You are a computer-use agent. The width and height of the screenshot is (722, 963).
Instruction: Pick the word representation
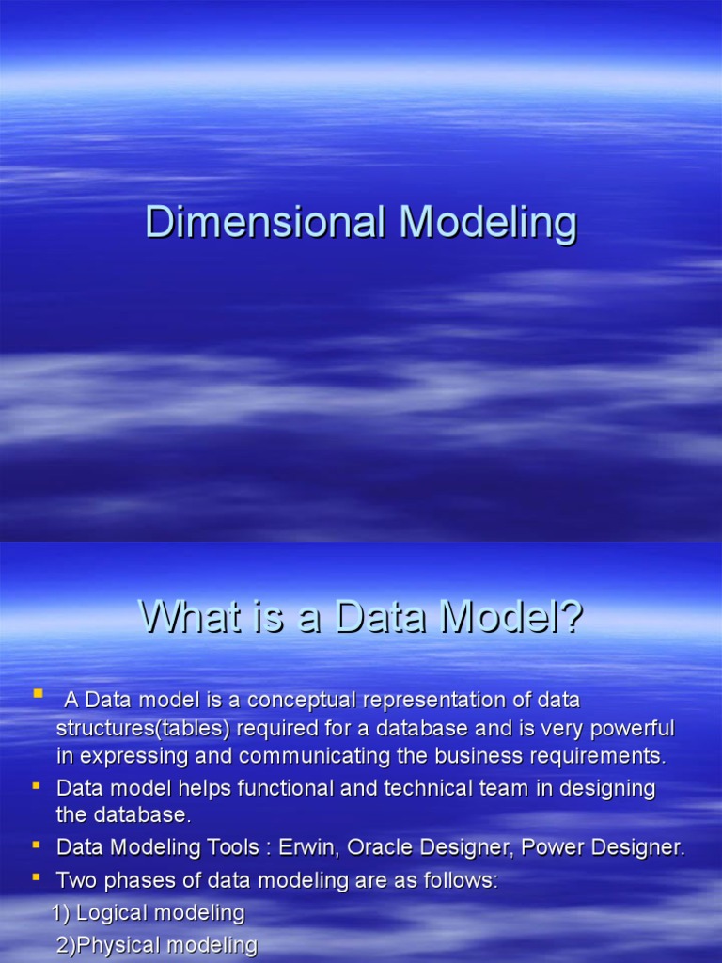[426, 701]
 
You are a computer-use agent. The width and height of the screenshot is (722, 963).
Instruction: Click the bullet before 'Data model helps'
[37, 784]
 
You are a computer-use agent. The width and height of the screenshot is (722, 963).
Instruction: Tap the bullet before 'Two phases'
[37, 877]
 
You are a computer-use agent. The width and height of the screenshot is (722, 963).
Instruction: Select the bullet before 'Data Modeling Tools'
[37, 844]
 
